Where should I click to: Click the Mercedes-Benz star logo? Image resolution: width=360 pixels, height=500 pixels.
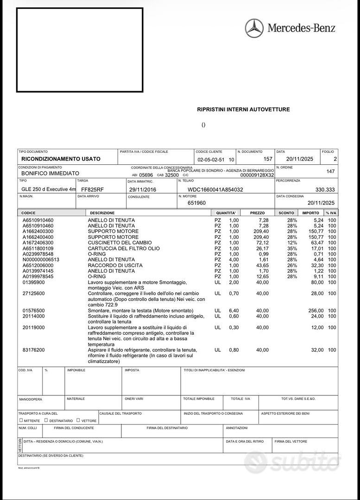click(x=254, y=28)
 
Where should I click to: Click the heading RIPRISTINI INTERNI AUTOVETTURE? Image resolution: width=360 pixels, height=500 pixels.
click(x=243, y=109)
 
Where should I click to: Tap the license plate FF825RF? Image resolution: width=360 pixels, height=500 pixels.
click(x=93, y=189)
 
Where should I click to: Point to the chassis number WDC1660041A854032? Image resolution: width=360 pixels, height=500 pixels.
click(x=215, y=189)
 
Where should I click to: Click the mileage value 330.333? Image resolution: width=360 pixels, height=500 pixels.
click(x=325, y=189)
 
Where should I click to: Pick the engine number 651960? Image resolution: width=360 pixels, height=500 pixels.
click(x=196, y=203)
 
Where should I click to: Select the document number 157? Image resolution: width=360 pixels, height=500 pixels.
click(x=268, y=159)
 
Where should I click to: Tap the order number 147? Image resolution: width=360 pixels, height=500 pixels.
click(x=330, y=171)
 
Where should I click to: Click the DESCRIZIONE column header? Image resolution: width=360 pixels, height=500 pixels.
click(x=102, y=212)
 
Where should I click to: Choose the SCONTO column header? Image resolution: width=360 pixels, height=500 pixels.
click(x=286, y=212)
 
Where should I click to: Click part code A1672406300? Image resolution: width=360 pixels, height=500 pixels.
click(x=38, y=243)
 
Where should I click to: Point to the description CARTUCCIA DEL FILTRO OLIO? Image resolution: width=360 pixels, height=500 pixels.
click(x=124, y=248)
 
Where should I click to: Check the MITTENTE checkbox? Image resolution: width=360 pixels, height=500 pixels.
click(x=21, y=420)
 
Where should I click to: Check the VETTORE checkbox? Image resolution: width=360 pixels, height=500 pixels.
click(x=78, y=420)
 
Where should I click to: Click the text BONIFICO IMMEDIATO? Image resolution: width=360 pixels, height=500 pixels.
click(x=50, y=173)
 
